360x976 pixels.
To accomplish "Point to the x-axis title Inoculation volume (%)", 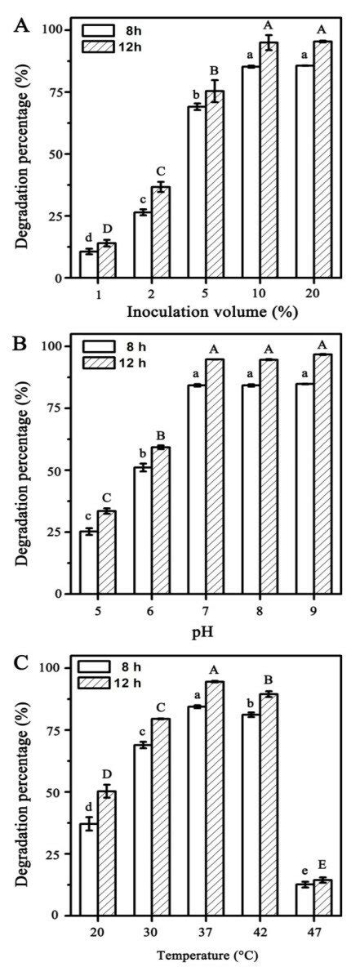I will [205, 311].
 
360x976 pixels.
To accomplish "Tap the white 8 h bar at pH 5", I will [88, 563].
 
